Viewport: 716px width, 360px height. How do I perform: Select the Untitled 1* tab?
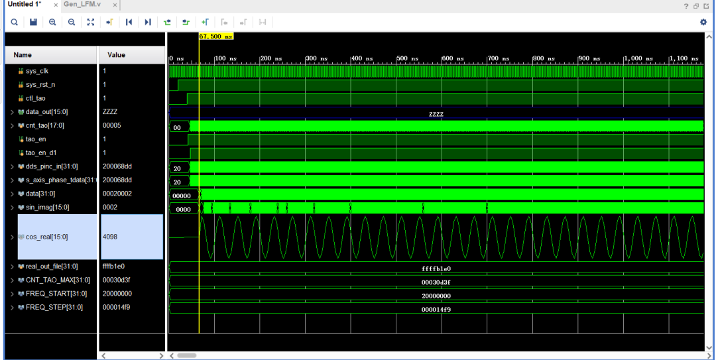pyautogui.click(x=25, y=5)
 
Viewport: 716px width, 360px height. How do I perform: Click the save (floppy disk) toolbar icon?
pyautogui.click(x=33, y=22)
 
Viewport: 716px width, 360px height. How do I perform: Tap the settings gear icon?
pyautogui.click(x=703, y=22)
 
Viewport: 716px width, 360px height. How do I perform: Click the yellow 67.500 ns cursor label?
pyautogui.click(x=216, y=36)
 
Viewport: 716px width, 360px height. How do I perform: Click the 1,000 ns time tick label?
pyautogui.click(x=638, y=59)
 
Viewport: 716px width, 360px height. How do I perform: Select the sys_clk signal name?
pyautogui.click(x=37, y=71)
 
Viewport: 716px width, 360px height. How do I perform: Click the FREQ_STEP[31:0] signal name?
pyautogui.click(x=54, y=308)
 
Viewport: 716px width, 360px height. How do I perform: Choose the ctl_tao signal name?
pyautogui.click(x=36, y=98)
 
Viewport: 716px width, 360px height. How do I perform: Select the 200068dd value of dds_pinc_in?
pyautogui.click(x=117, y=166)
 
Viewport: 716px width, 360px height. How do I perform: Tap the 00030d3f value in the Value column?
pyautogui.click(x=117, y=280)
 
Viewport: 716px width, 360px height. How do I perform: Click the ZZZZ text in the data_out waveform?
pyautogui.click(x=436, y=114)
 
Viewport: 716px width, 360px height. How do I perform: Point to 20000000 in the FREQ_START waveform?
pyautogui.click(x=436, y=296)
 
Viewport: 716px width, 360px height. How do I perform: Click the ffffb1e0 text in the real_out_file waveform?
pyautogui.click(x=436, y=269)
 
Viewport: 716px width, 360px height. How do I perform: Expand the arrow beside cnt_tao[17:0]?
pyautogui.click(x=13, y=125)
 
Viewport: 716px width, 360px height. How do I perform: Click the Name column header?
pyautogui.click(x=23, y=55)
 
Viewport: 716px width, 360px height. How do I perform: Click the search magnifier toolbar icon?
pyautogui.click(x=14, y=22)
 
